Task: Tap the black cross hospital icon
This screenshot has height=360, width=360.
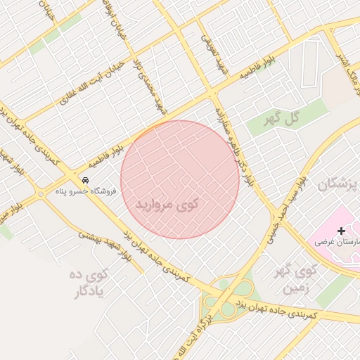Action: (x=342, y=231)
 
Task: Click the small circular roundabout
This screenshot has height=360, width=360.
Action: (x=40, y=194)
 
